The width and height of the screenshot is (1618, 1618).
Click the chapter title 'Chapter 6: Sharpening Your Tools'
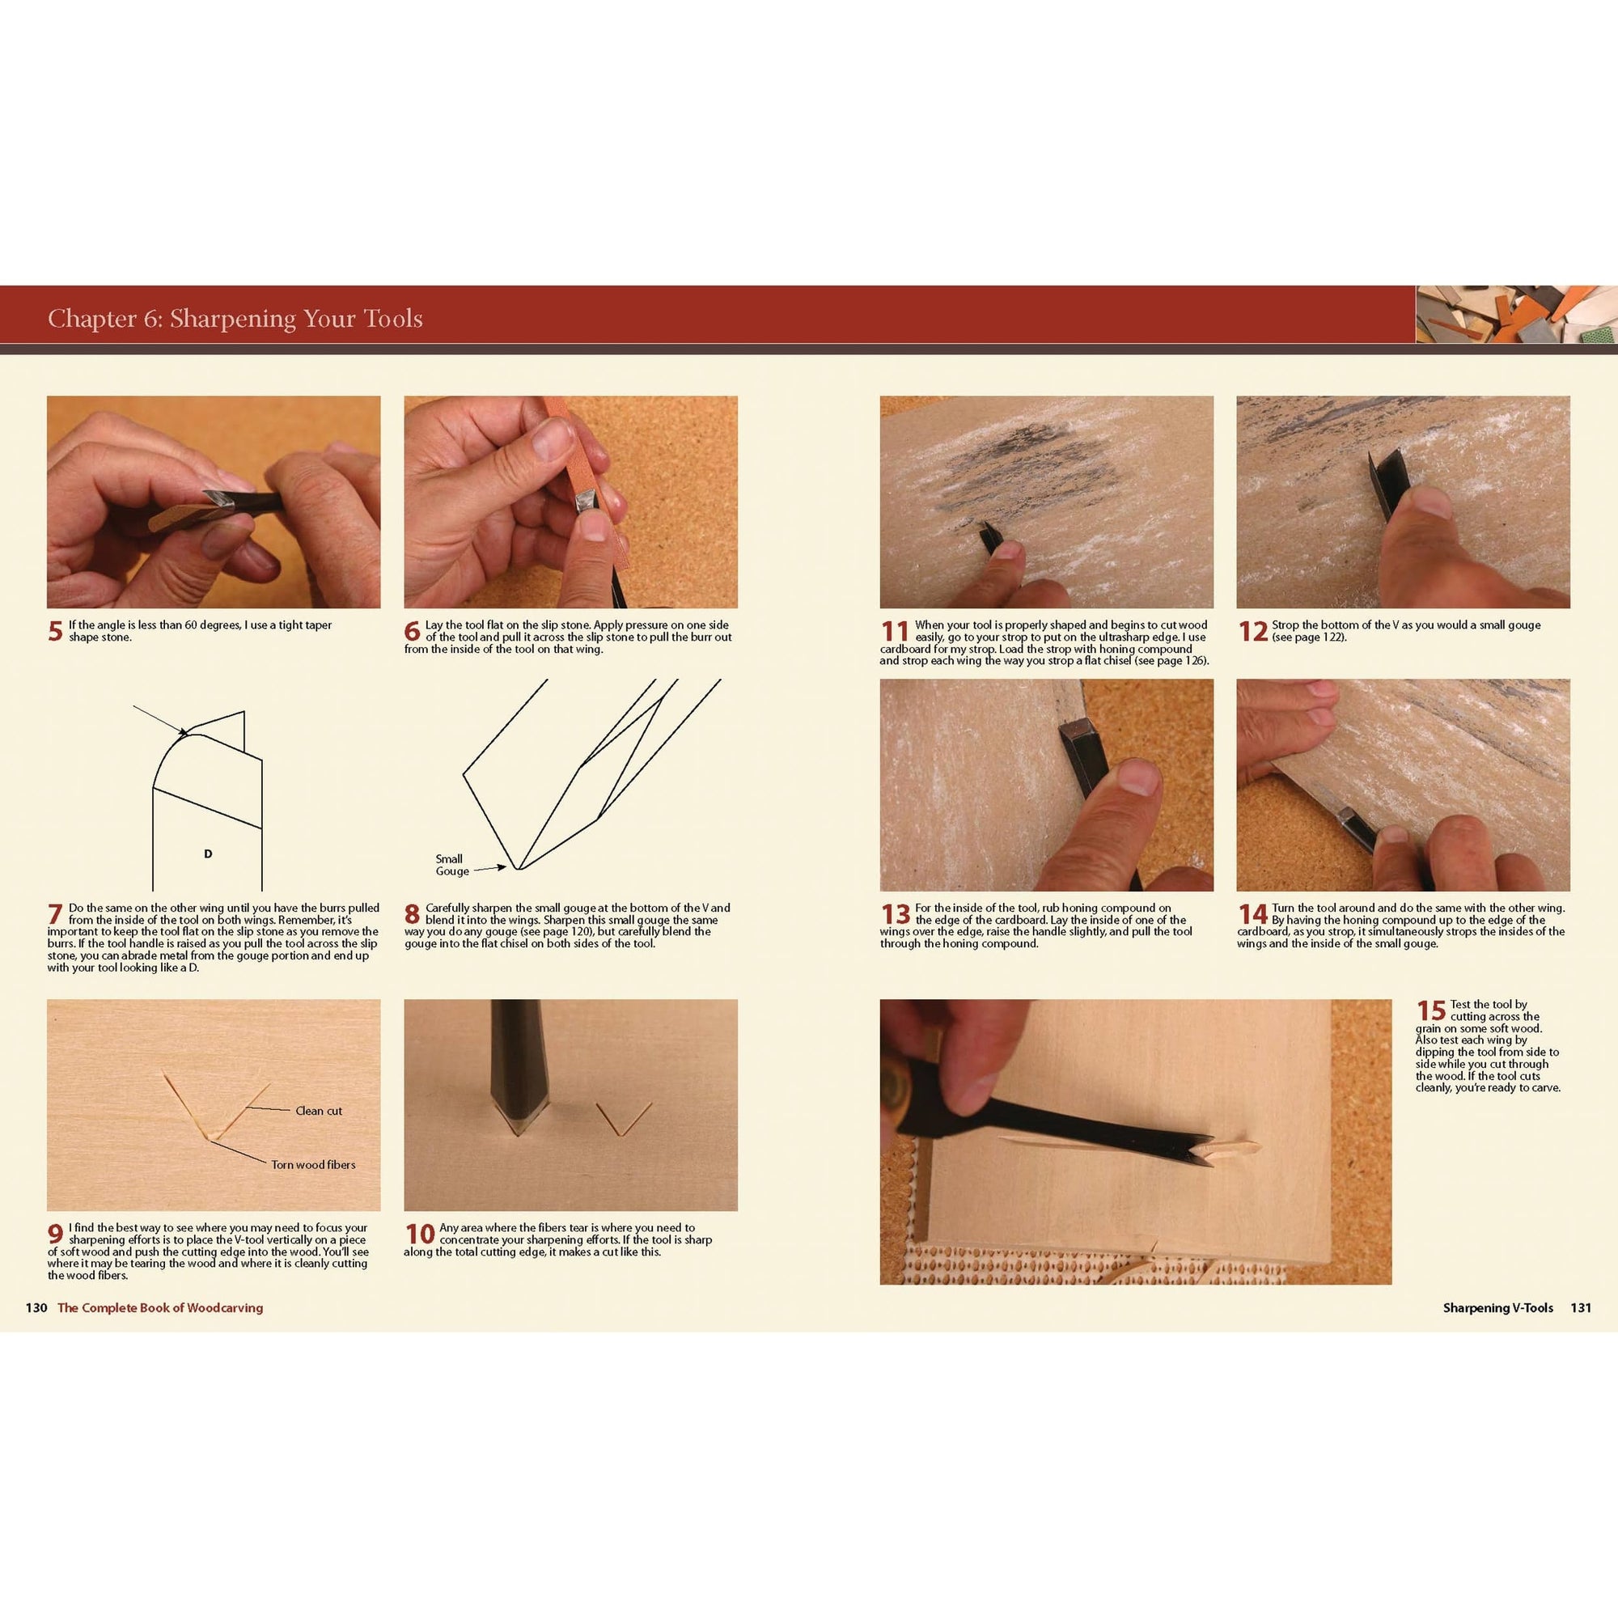pyautogui.click(x=235, y=318)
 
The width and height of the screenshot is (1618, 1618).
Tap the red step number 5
pyautogui.click(x=55, y=632)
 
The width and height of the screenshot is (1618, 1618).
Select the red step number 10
pyautogui.click(x=420, y=1234)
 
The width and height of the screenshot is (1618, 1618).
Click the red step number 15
pyautogui.click(x=1431, y=1010)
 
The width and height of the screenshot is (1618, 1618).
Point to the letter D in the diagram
pyautogui.click(x=208, y=854)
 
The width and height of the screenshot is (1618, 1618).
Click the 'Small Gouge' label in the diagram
pyautogui.click(x=451, y=864)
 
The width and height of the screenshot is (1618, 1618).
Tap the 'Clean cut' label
pyautogui.click(x=318, y=1111)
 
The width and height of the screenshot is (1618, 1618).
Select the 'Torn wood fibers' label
pyautogui.click(x=312, y=1164)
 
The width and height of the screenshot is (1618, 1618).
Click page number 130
pyautogui.click(x=36, y=1307)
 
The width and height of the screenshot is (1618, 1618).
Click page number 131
pyautogui.click(x=1580, y=1307)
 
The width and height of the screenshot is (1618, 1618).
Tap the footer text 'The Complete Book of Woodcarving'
pyautogui.click(x=160, y=1307)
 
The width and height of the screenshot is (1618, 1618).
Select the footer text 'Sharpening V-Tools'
pyautogui.click(x=1497, y=1307)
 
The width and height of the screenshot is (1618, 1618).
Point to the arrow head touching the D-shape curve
pyautogui.click(x=184, y=734)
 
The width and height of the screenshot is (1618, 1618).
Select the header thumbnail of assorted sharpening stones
pyautogui.click(x=1516, y=314)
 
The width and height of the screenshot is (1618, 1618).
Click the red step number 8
pyautogui.click(x=412, y=914)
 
